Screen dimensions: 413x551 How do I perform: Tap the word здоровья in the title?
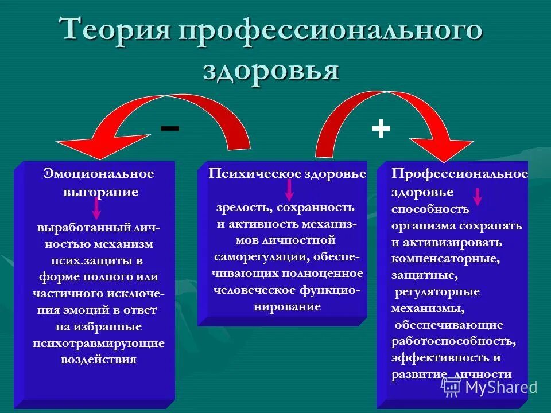[x=270, y=71]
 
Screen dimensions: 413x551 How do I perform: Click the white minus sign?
[x=169, y=128]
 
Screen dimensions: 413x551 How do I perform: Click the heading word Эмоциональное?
[x=99, y=173]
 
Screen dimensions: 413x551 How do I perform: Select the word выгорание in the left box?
[x=100, y=192]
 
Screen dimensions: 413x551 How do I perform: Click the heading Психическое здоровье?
[x=287, y=174]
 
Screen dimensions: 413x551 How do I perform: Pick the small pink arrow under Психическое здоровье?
[x=289, y=189]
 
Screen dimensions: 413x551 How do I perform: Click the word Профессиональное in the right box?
[x=459, y=173]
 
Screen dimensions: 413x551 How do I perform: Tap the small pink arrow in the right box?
[x=477, y=196]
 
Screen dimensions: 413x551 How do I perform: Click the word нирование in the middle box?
[x=286, y=307]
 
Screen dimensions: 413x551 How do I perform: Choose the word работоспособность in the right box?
[x=453, y=342]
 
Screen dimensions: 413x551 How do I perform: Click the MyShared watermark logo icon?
[x=452, y=387]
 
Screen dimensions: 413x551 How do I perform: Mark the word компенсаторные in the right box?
[x=445, y=259]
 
